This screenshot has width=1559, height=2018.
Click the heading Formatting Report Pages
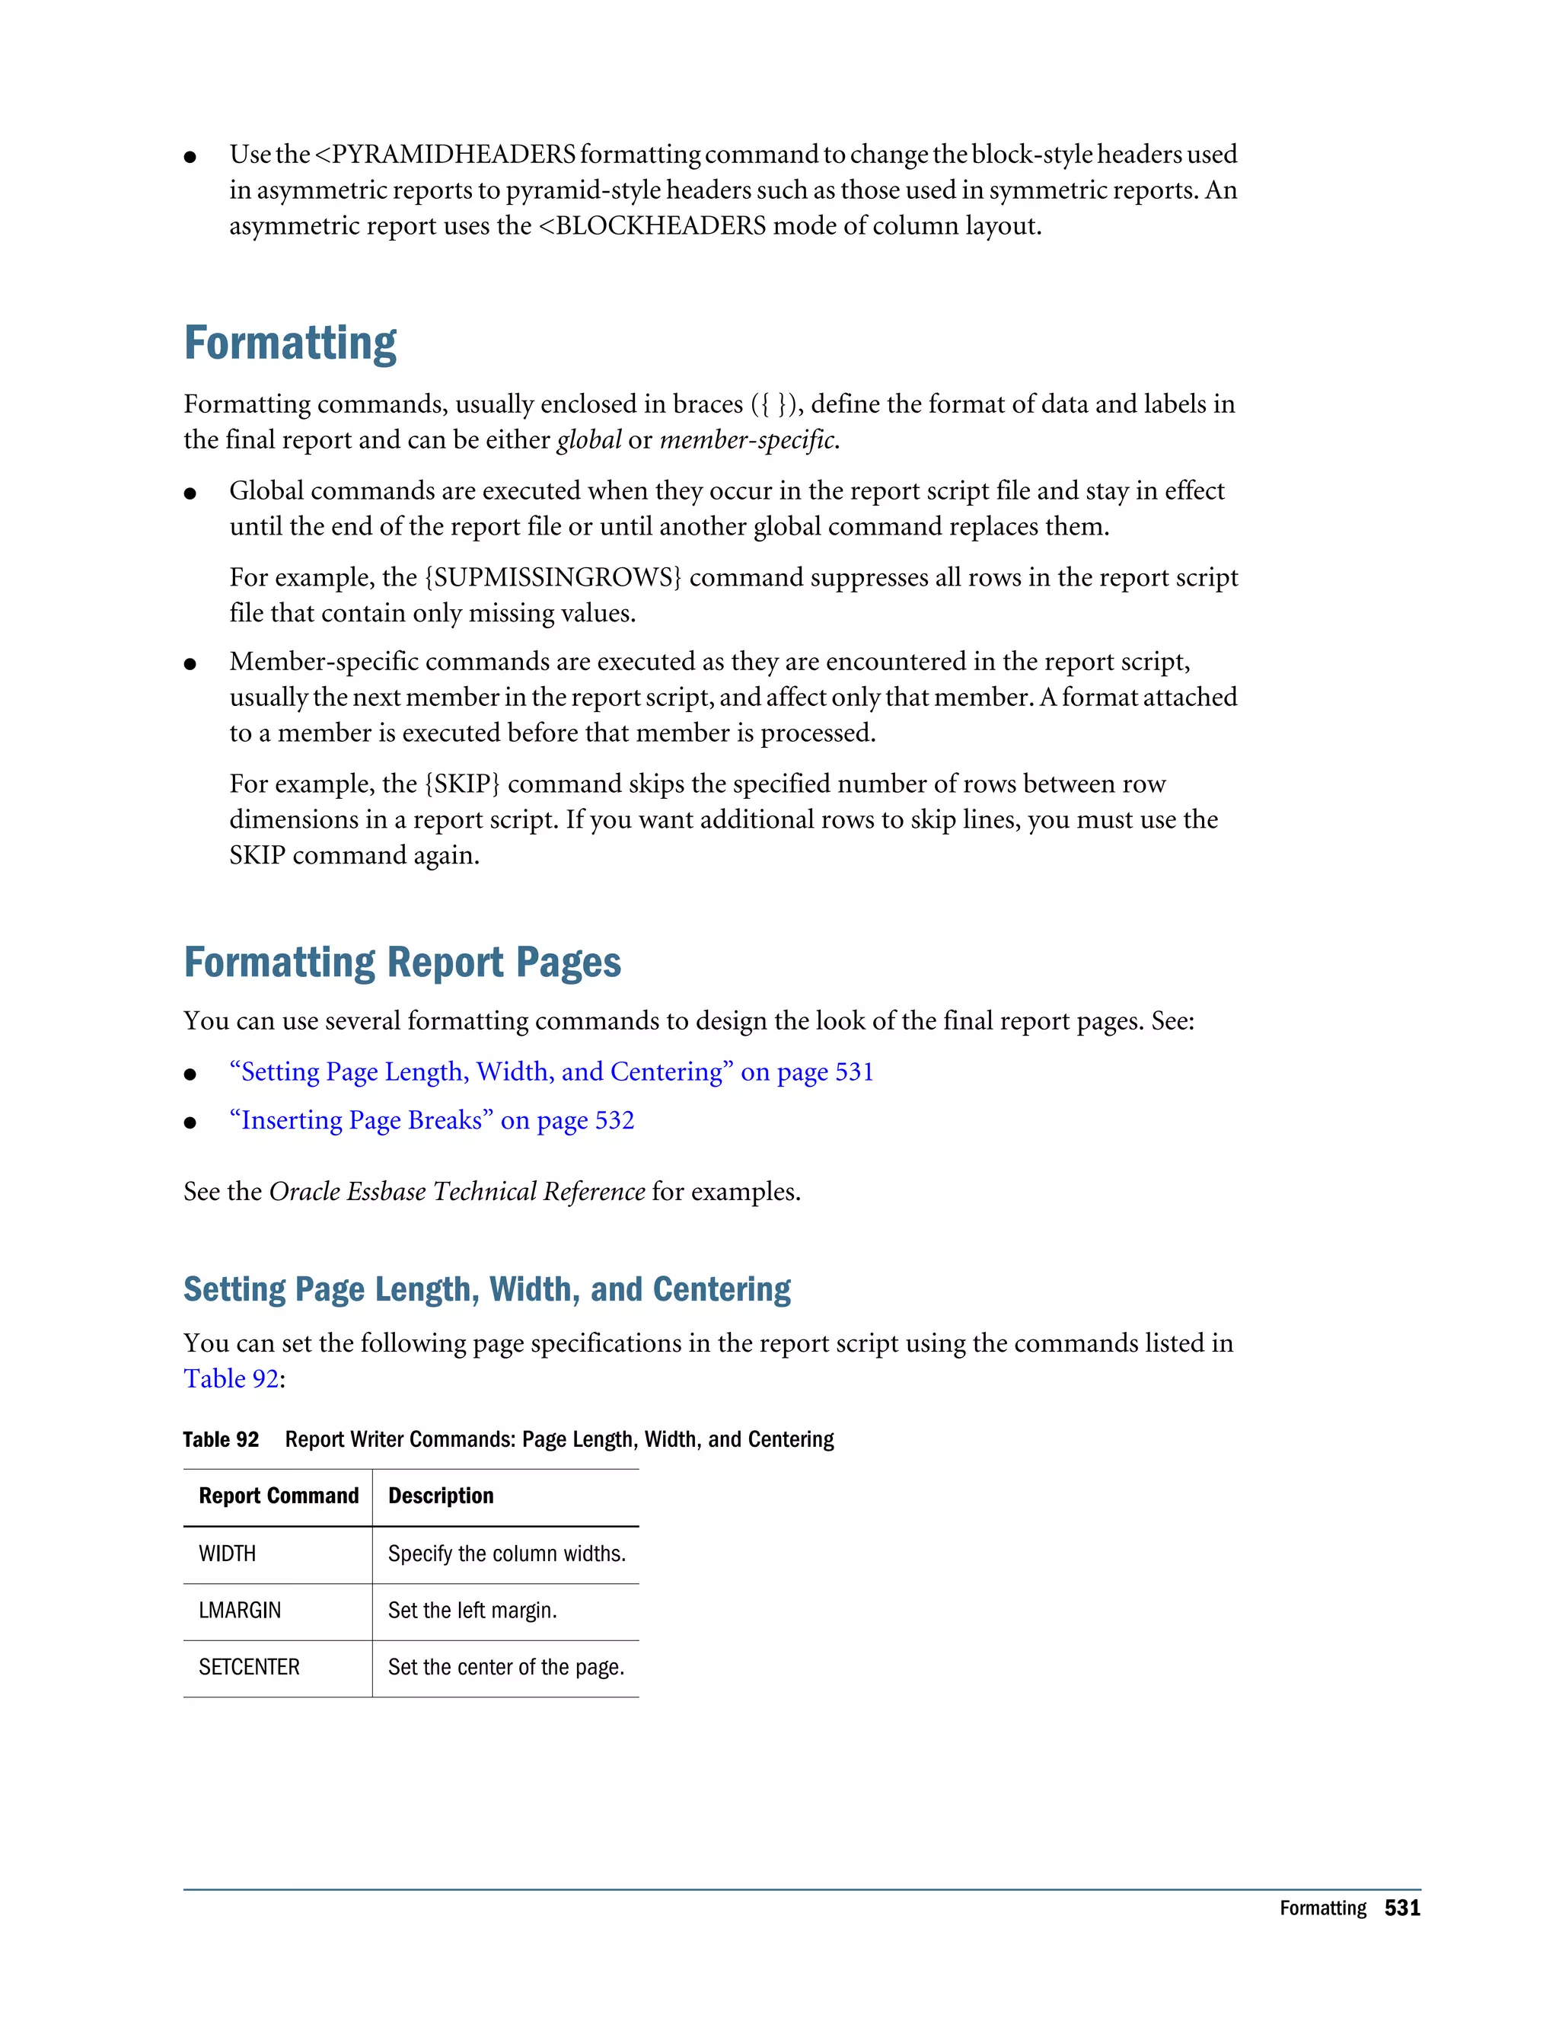[x=402, y=963]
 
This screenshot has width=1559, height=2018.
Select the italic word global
[x=588, y=441]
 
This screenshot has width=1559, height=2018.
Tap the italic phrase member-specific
[x=748, y=441]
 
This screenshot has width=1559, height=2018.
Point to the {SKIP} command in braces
[x=462, y=784]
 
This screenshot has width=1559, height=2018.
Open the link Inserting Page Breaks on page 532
[x=432, y=1121]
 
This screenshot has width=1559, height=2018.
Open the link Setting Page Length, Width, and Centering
[x=550, y=1073]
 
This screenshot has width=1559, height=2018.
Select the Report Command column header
[x=278, y=1496]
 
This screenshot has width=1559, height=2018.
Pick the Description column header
[x=441, y=1496]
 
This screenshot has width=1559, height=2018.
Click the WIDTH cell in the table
[x=227, y=1554]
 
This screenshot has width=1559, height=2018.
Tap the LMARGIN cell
[x=239, y=1611]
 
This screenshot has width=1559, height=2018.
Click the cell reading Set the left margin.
[x=472, y=1611]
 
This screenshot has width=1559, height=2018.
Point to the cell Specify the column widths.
[x=506, y=1554]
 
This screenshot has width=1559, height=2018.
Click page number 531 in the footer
[x=1401, y=1909]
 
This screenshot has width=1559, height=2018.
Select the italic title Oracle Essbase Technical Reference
[x=456, y=1193]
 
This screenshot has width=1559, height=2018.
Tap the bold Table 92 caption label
[x=221, y=1439]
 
